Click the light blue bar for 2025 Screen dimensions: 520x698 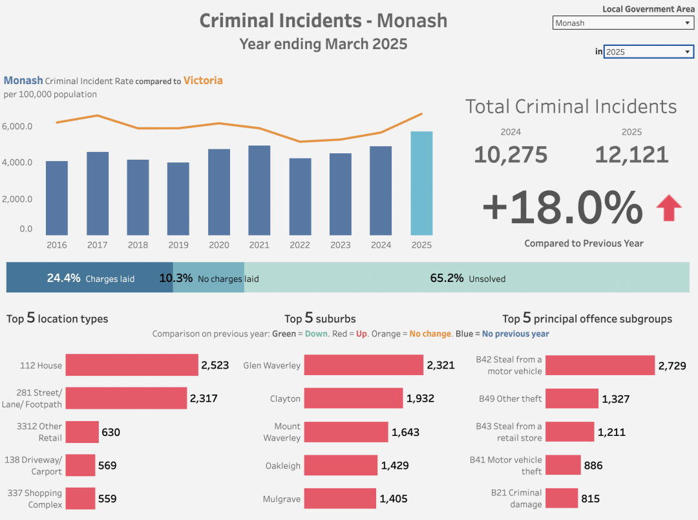click(421, 183)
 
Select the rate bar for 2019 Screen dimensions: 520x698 click(178, 199)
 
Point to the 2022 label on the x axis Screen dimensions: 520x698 click(300, 245)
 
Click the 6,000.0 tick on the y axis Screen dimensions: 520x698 click(17, 126)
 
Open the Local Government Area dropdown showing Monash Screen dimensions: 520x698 click(624, 23)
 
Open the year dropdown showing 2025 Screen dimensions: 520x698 click(648, 52)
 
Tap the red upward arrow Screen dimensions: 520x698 click(669, 209)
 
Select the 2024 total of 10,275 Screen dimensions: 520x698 click(511, 155)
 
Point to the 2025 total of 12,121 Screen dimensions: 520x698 click(631, 155)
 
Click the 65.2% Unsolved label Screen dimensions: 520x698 click(467, 279)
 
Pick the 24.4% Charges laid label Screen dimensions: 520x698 click(90, 279)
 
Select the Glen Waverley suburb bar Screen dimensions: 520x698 click(363, 365)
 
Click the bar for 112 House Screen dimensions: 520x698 click(132, 365)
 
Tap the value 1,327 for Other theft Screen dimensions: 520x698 click(615, 399)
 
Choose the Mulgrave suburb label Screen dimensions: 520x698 click(281, 499)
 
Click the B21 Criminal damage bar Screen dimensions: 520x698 click(561, 498)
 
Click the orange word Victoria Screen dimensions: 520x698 click(203, 81)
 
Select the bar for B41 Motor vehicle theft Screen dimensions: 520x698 click(563, 465)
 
